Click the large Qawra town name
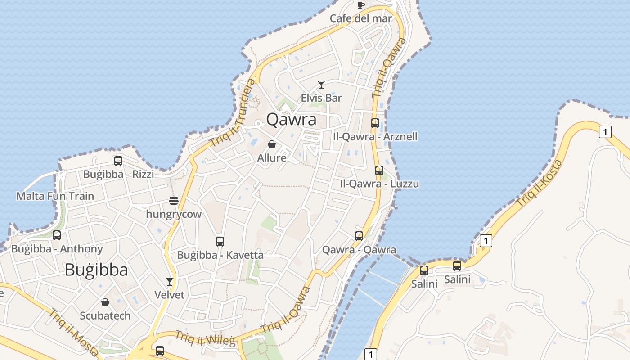click(291, 120)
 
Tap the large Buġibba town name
click(96, 270)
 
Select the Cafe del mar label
click(361, 18)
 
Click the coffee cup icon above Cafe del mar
click(360, 5)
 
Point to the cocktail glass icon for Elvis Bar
click(321, 85)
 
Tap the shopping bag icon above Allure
click(272, 144)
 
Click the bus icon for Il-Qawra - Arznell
click(375, 123)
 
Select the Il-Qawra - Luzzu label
click(379, 184)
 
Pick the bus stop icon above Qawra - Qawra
click(359, 236)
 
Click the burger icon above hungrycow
click(174, 200)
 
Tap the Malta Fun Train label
click(55, 196)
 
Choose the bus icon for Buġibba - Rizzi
click(118, 161)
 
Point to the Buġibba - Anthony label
click(57, 249)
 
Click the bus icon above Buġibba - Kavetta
click(220, 241)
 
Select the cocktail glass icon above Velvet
click(170, 282)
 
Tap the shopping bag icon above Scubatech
click(105, 302)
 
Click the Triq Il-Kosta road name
click(539, 184)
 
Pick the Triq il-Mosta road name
click(73, 332)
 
